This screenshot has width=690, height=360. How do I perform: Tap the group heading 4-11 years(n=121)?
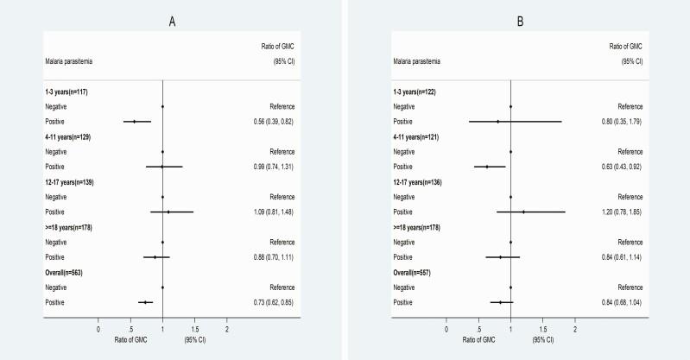click(424, 136)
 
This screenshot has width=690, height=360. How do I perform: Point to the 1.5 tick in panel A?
click(194, 329)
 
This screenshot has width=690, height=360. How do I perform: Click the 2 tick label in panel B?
click(575, 329)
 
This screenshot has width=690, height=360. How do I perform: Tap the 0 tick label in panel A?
click(98, 329)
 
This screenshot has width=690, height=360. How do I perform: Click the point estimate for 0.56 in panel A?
click(134, 121)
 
